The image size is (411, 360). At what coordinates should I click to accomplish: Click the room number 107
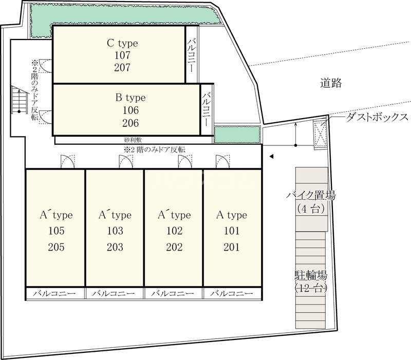pos(123,55)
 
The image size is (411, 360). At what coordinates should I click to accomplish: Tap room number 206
pos(131,123)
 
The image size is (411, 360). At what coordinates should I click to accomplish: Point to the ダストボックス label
pos(377,117)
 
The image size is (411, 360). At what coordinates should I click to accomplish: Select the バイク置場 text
pos(311,195)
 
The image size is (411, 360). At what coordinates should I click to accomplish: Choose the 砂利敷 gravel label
pos(132,140)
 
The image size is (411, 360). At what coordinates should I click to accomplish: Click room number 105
pos(56,231)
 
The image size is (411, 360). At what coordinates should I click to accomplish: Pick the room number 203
pos(115,247)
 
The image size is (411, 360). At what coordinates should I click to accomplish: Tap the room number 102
pos(174,231)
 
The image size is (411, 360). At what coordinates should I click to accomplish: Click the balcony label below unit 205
pos(55,294)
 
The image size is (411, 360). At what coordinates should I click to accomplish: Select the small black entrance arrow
pos(272,157)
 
